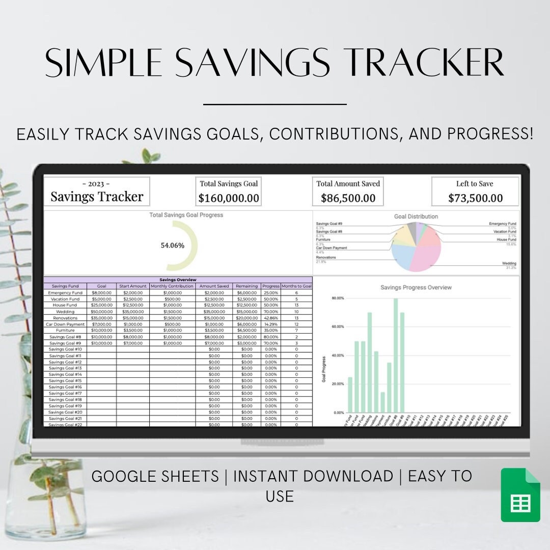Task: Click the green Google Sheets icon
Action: click(x=520, y=495)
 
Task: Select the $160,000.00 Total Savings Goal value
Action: click(x=229, y=198)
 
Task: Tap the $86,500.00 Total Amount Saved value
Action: click(x=348, y=198)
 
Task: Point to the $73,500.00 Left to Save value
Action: click(x=475, y=198)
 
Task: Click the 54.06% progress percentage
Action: click(x=173, y=245)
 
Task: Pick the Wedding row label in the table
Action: click(x=65, y=312)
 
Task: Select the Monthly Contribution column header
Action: click(x=172, y=286)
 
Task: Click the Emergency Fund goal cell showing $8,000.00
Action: click(x=101, y=293)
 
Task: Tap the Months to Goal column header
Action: click(x=296, y=286)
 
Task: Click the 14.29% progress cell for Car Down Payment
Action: click(x=271, y=324)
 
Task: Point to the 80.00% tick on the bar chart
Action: click(x=338, y=298)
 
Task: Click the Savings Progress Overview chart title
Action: click(x=416, y=288)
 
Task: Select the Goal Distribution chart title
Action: click(x=416, y=216)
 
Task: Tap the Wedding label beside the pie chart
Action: click(x=509, y=264)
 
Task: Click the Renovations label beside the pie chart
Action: click(x=326, y=258)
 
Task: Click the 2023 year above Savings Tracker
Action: click(x=96, y=184)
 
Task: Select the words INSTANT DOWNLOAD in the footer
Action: click(x=313, y=477)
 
